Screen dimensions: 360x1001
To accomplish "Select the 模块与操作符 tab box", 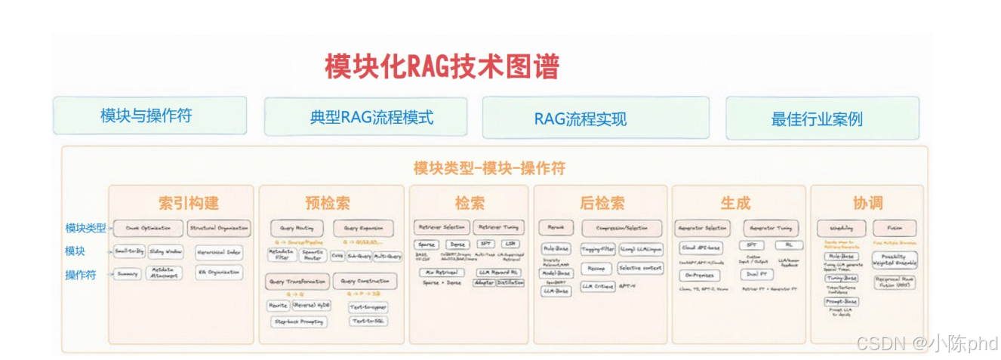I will click(x=149, y=115).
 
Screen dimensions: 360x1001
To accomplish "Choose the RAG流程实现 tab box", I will click(x=580, y=118).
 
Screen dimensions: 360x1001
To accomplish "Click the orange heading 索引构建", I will click(x=189, y=202).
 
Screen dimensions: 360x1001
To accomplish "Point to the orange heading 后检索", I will click(x=602, y=202).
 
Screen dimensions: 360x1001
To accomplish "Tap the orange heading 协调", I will click(x=867, y=203).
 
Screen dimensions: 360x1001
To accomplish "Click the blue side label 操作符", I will click(x=81, y=275).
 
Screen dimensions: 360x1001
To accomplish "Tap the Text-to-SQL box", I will click(x=368, y=321).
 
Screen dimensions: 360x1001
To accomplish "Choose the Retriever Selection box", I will click(x=442, y=227).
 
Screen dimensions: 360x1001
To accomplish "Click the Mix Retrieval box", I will click(x=441, y=272).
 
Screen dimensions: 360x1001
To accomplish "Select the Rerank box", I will click(x=556, y=227).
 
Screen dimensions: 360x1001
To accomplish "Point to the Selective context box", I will click(x=640, y=268).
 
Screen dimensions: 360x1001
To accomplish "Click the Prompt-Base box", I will click(x=840, y=301).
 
